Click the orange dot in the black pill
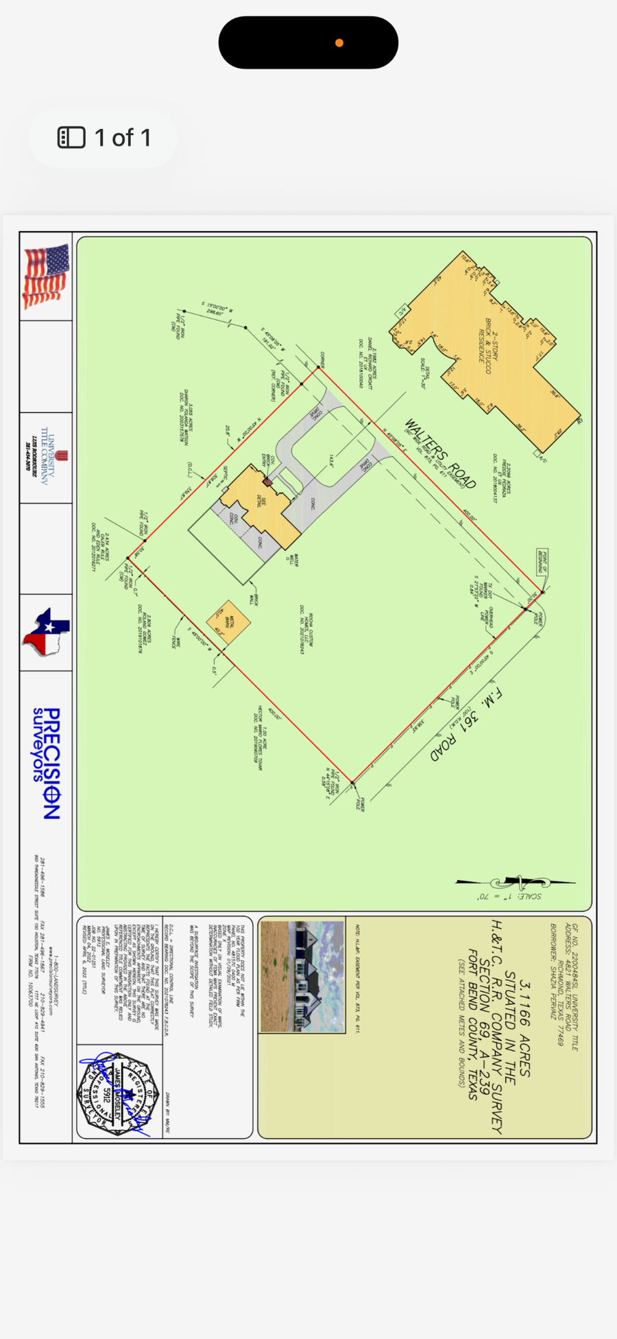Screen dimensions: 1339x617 pos(339,43)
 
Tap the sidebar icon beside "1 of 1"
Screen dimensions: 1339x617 pos(71,137)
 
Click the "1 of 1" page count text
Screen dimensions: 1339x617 pos(123,138)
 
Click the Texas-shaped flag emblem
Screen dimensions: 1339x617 pos(47,632)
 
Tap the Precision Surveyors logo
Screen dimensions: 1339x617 pos(48,763)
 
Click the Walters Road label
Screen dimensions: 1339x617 pos(439,453)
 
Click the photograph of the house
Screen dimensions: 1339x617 pos(302,977)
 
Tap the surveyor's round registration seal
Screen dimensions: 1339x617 pos(118,1093)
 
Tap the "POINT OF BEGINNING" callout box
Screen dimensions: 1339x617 pos(542,560)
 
